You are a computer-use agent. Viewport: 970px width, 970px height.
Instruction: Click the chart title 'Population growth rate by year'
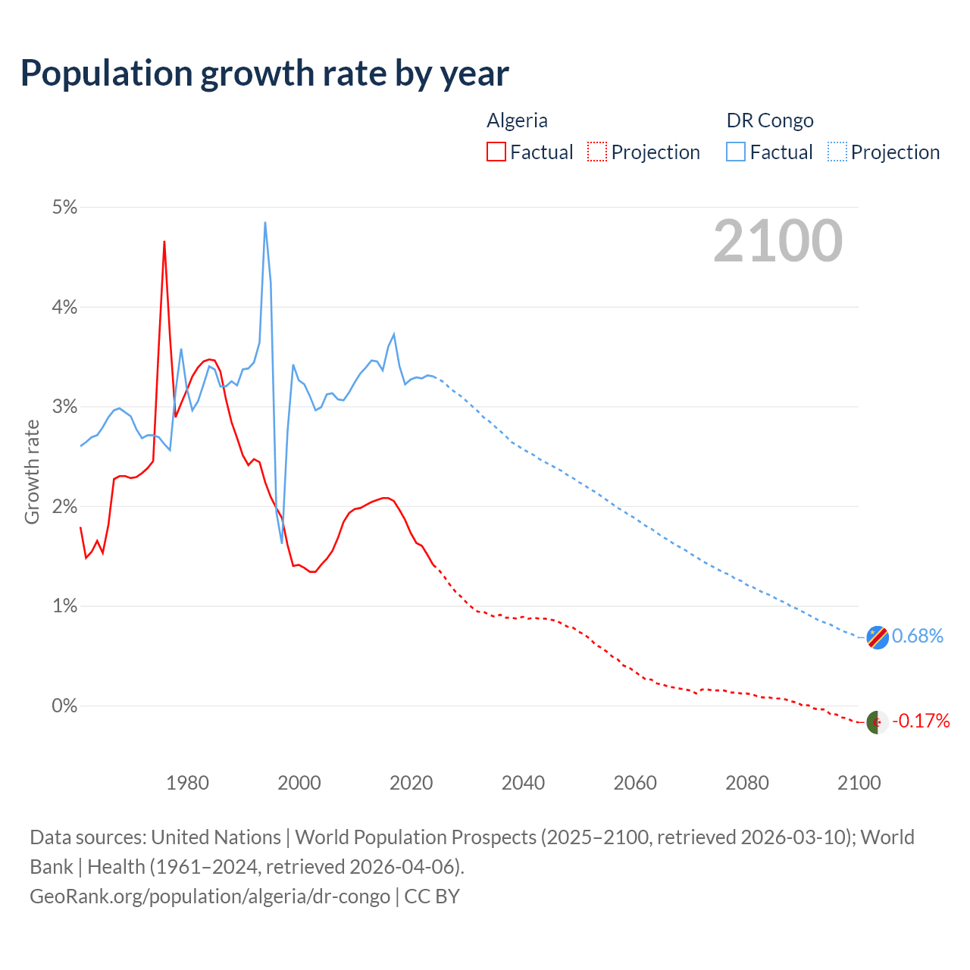click(264, 74)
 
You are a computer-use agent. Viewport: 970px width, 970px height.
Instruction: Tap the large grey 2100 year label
click(778, 241)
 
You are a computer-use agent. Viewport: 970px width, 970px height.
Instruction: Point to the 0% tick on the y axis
click(64, 706)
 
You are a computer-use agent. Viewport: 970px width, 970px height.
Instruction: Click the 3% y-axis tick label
click(64, 407)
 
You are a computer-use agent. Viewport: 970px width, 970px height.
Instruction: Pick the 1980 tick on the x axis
click(187, 783)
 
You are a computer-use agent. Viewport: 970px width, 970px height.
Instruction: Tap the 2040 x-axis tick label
click(523, 783)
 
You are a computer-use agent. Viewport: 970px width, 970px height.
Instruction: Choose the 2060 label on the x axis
click(635, 783)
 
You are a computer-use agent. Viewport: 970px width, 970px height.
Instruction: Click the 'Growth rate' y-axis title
click(32, 471)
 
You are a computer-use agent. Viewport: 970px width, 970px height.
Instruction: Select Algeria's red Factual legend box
click(496, 152)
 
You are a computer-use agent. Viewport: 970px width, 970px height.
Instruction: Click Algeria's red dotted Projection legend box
click(597, 152)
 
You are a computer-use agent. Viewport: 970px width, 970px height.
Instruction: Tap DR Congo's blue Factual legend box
click(736, 152)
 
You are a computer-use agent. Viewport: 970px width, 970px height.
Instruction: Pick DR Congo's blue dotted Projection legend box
click(837, 152)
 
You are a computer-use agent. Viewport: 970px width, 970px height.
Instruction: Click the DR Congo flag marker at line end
click(878, 638)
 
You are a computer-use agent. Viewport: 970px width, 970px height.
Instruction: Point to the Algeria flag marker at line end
click(878, 722)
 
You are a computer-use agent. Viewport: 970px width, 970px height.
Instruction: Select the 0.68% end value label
click(918, 637)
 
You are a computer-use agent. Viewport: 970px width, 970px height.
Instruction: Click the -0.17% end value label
click(921, 721)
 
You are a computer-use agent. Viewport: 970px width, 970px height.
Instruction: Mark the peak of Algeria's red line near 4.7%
click(164, 242)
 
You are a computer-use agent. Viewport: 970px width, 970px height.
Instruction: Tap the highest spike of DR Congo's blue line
click(264, 223)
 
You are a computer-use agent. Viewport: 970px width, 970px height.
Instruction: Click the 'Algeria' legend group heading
click(517, 120)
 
